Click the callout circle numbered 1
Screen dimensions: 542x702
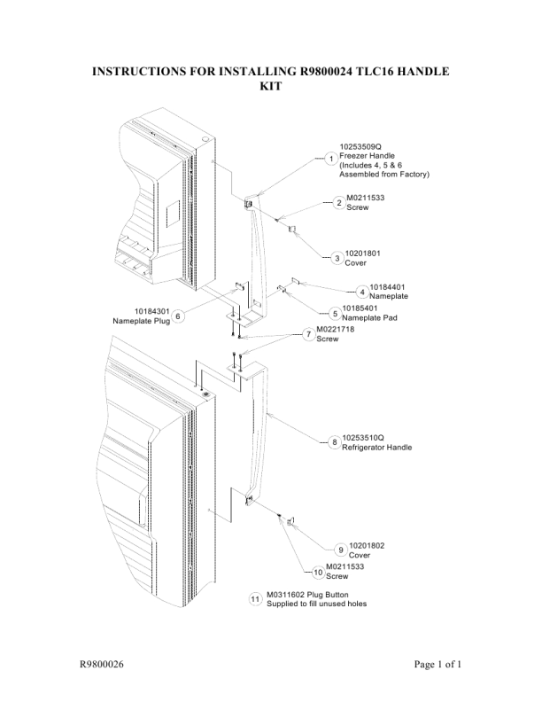pyautogui.click(x=331, y=159)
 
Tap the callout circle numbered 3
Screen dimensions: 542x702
pyautogui.click(x=337, y=258)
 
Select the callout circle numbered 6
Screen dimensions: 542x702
pyautogui.click(x=178, y=316)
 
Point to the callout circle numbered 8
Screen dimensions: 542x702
pyautogui.click(x=335, y=442)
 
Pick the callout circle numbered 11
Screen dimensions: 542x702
pyautogui.click(x=255, y=599)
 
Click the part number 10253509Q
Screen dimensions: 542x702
pyautogui.click(x=360, y=146)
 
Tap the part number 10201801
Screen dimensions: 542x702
pyautogui.click(x=363, y=253)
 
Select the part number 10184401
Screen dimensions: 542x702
pyautogui.click(x=387, y=287)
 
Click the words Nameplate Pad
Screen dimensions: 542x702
pyautogui.click(x=369, y=318)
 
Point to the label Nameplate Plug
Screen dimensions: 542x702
pyautogui.click(x=142, y=321)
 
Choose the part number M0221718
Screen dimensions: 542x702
pyautogui.click(x=336, y=329)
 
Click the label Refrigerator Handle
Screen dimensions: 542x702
pyautogui.click(x=377, y=448)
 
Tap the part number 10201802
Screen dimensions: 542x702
pyautogui.click(x=367, y=545)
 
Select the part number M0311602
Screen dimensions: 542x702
pyautogui.click(x=286, y=595)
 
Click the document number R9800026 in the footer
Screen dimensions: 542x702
pyautogui.click(x=102, y=664)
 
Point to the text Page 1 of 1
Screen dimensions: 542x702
pyautogui.click(x=437, y=664)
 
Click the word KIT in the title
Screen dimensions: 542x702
pyautogui.click(x=271, y=85)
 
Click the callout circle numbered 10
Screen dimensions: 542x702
pyautogui.click(x=319, y=573)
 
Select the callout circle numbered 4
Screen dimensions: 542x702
pyautogui.click(x=362, y=292)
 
